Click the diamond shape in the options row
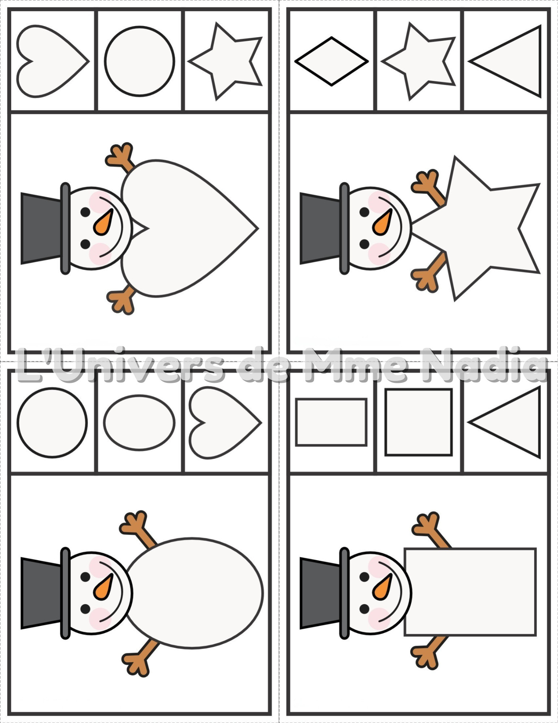pyautogui.click(x=332, y=61)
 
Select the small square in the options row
pyautogui.click(x=419, y=422)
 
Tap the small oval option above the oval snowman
pyautogui.click(x=139, y=423)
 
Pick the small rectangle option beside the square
pyautogui.click(x=331, y=422)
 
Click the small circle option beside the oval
pyautogui.click(x=52, y=423)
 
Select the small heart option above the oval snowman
pyautogui.click(x=225, y=423)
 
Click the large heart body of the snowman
pyautogui.click(x=188, y=228)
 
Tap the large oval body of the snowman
pyautogui.click(x=194, y=592)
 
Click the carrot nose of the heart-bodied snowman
pyautogui.click(x=103, y=222)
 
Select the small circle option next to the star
pyautogui.click(x=140, y=61)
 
